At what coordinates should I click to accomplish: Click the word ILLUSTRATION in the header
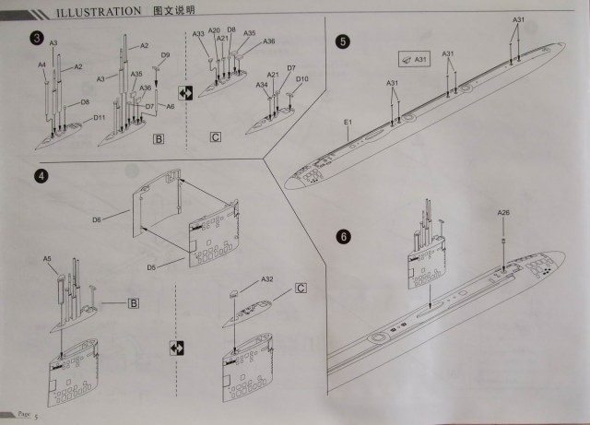(93, 12)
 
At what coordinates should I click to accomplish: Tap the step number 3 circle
(36, 37)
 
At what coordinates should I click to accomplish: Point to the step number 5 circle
(343, 41)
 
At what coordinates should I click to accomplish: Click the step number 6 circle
(344, 237)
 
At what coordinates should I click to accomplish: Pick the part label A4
(41, 65)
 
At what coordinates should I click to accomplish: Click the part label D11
(99, 118)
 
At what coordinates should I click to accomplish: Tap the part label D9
(165, 56)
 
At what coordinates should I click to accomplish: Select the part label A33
(199, 34)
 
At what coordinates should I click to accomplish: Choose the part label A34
(262, 86)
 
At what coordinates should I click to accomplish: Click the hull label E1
(348, 122)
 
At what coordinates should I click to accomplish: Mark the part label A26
(503, 213)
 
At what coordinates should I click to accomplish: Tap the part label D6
(123, 219)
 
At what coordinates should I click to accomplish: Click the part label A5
(47, 259)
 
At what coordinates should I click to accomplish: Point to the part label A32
(267, 279)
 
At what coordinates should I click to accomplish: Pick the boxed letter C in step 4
(301, 288)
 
